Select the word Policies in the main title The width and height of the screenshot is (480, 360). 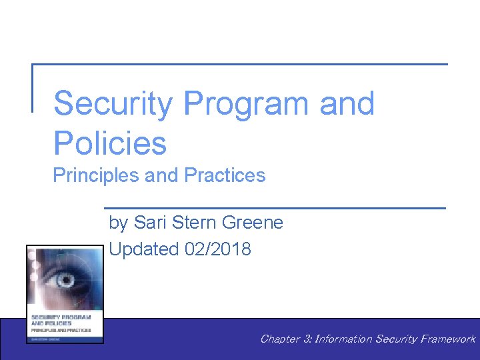point(110,143)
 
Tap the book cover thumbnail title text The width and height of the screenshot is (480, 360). point(61,323)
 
